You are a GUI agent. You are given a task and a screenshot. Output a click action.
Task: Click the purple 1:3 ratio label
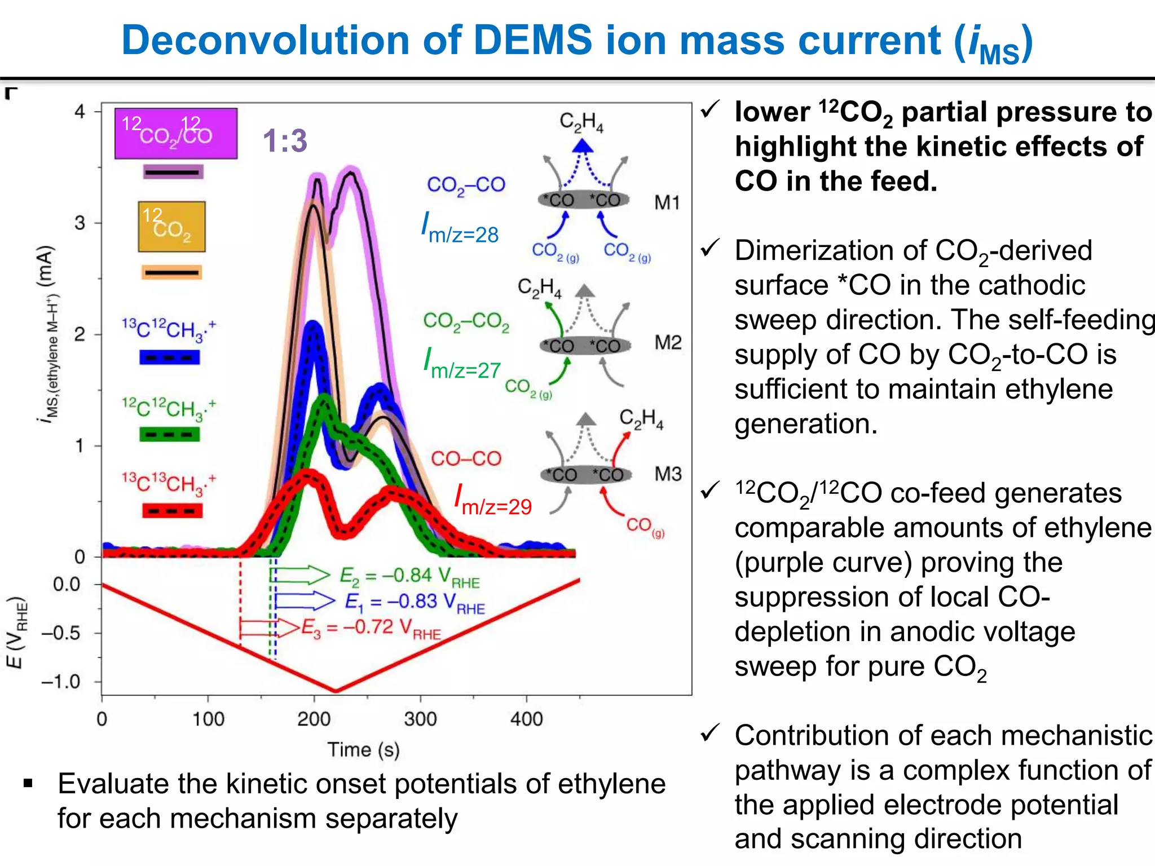click(285, 140)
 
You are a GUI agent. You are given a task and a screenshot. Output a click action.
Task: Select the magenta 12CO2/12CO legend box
click(176, 134)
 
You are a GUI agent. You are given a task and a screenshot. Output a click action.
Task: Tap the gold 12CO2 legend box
click(171, 226)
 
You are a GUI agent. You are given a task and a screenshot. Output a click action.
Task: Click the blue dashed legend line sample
click(170, 357)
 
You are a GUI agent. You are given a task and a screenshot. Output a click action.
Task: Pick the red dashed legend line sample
click(172, 511)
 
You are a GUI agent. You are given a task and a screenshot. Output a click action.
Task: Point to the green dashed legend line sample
click(170, 434)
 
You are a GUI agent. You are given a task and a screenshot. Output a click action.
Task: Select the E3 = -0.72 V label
click(371, 628)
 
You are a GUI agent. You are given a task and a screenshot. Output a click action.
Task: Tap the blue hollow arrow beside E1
click(305, 601)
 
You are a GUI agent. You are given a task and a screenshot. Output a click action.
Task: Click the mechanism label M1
click(667, 202)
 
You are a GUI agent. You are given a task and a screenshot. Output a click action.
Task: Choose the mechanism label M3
click(668, 474)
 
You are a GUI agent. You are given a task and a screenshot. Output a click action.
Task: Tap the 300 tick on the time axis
click(420, 719)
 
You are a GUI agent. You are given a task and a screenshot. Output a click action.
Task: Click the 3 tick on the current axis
click(80, 223)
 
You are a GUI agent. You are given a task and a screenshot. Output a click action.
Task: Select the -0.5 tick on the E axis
click(61, 633)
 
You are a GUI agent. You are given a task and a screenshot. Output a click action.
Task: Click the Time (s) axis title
click(363, 750)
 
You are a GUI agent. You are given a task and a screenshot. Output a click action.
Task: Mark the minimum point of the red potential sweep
click(336, 691)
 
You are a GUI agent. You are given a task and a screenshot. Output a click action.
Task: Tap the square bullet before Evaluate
click(28, 784)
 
